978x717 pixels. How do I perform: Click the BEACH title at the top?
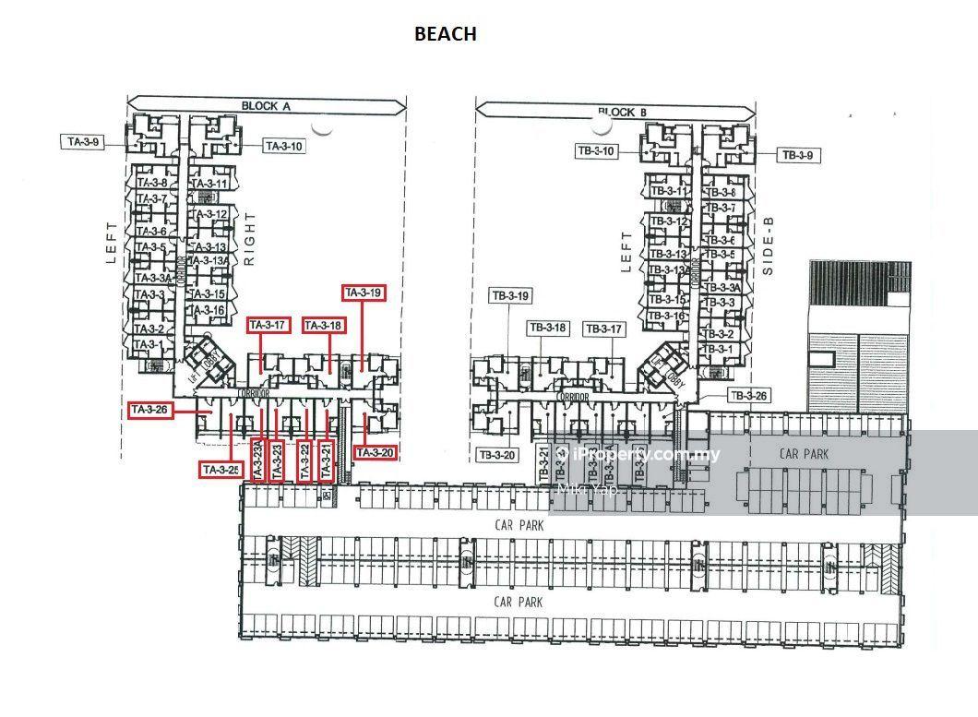pos(445,34)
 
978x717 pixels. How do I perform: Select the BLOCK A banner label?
pos(266,106)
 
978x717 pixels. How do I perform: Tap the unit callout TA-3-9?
pos(82,142)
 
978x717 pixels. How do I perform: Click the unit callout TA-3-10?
pos(283,146)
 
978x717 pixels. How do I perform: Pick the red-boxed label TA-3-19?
pos(363,293)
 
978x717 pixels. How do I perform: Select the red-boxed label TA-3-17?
pos(268,325)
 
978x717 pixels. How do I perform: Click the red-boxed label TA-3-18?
pos(323,325)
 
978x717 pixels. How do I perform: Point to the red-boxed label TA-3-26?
pos(150,410)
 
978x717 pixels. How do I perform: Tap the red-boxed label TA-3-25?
pos(221,470)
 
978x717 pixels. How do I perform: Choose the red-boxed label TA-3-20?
pos(375,452)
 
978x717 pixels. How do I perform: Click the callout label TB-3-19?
pos(510,296)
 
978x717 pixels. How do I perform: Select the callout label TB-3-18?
pos(548,328)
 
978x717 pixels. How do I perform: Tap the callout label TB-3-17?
pos(604,329)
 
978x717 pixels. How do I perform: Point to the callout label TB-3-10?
pos(596,150)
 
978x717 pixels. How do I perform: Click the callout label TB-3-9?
pos(797,156)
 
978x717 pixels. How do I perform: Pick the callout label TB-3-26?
pos(748,396)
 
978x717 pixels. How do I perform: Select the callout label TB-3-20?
pos(498,455)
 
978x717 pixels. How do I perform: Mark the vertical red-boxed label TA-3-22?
pos(304,459)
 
